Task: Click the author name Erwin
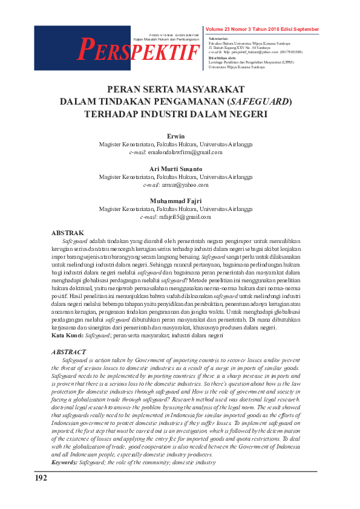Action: (175, 137)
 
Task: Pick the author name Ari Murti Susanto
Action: (175, 169)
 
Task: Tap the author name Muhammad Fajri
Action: (175, 201)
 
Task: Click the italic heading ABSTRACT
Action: (69, 352)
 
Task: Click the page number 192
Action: (41, 479)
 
